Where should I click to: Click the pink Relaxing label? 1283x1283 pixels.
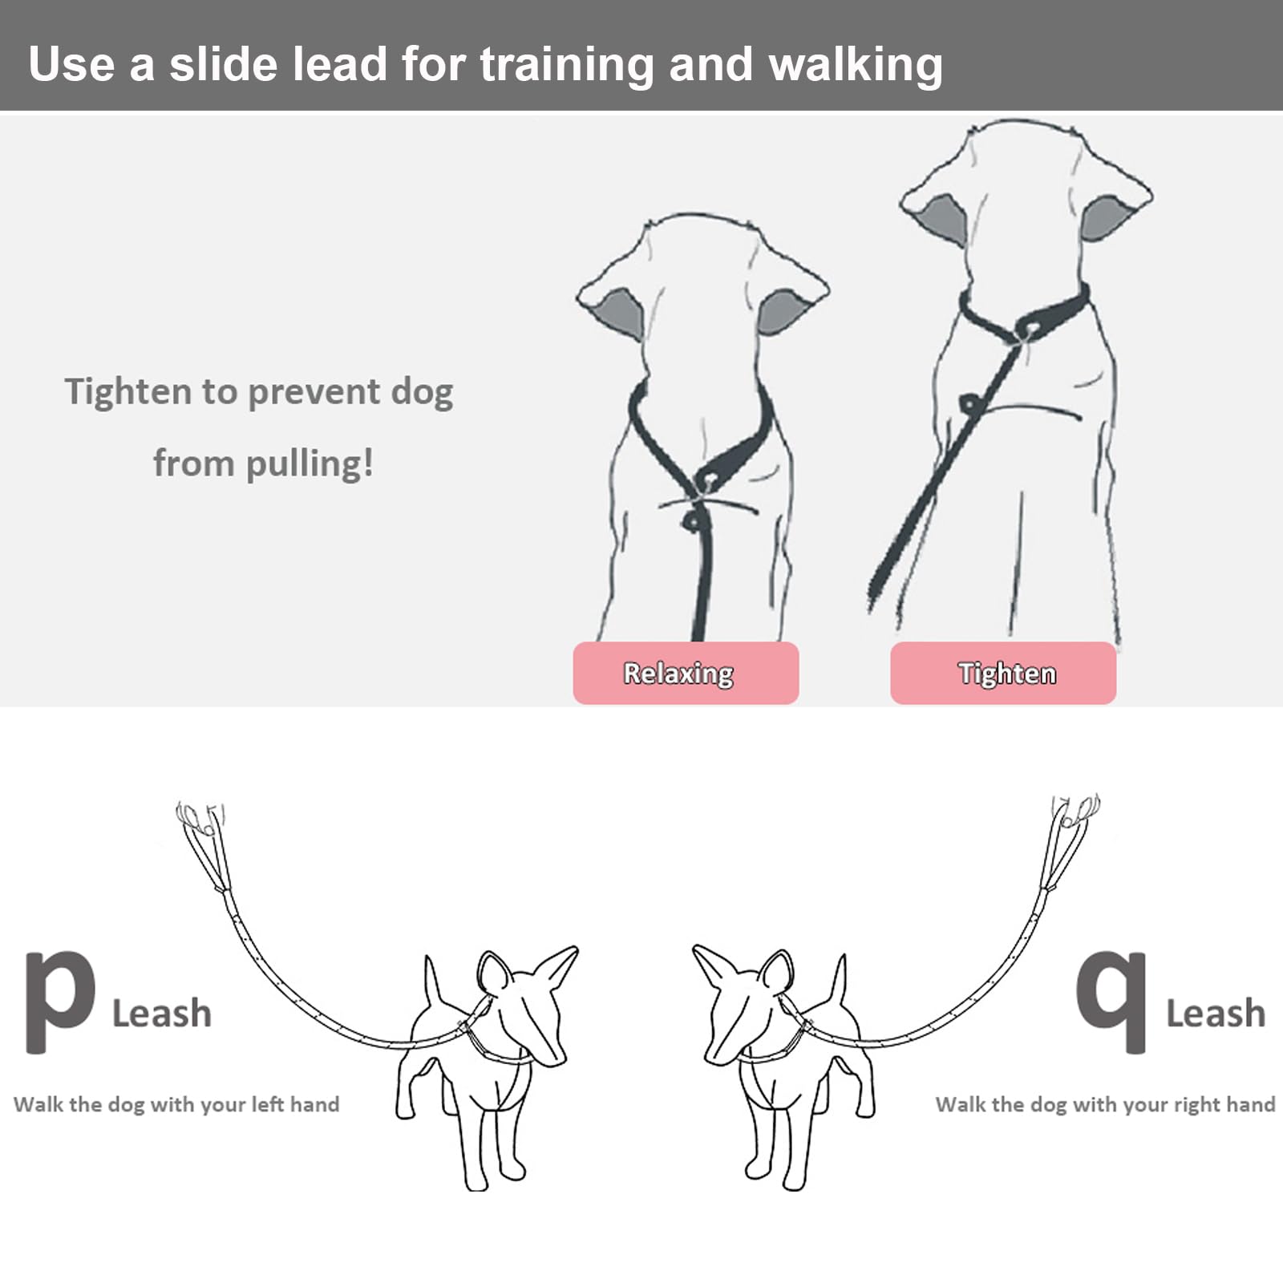686,674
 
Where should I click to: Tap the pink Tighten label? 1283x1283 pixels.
1003,674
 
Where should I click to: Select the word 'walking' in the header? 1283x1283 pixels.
855,64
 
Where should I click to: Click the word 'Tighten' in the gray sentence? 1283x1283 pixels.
127,392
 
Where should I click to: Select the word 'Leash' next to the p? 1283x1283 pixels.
162,1014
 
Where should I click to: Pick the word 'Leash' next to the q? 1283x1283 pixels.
1215,1014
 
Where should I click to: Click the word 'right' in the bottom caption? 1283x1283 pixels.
1200,1105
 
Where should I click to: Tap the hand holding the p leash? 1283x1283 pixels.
199,818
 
